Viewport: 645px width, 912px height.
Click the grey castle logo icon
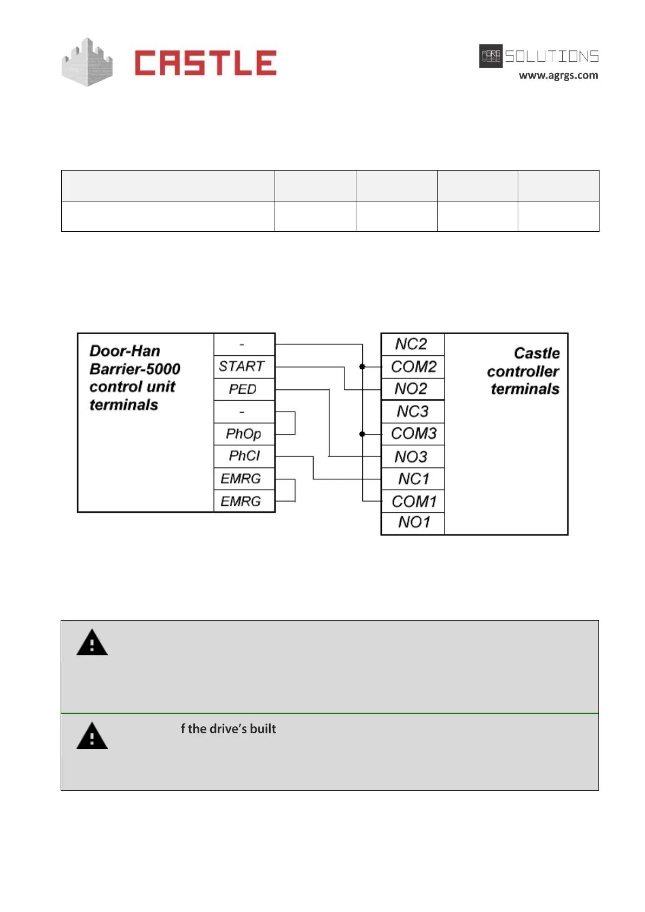(x=87, y=62)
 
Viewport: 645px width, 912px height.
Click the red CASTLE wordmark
(x=205, y=63)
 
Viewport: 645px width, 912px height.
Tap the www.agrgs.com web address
(x=558, y=75)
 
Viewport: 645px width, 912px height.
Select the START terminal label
(x=242, y=367)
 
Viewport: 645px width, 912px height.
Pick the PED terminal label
(x=242, y=389)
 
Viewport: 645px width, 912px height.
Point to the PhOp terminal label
(x=243, y=434)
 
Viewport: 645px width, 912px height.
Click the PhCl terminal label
(x=244, y=456)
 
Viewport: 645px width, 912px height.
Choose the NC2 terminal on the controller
(x=411, y=344)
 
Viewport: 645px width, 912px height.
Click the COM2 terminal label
(x=413, y=367)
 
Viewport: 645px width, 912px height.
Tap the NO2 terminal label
(x=411, y=389)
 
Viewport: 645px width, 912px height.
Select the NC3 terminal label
(x=412, y=412)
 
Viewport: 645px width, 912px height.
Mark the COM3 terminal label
(x=413, y=434)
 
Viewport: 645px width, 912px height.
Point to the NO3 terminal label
(x=411, y=457)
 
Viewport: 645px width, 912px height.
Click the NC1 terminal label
(x=413, y=479)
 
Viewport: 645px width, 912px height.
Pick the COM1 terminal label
(x=414, y=501)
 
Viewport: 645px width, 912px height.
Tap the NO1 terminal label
(x=414, y=522)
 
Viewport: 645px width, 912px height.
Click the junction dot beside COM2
(x=362, y=367)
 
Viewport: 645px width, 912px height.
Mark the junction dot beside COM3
(x=362, y=434)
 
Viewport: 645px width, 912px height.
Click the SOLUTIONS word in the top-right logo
(x=551, y=56)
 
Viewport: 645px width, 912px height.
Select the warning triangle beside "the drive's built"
(x=92, y=737)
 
